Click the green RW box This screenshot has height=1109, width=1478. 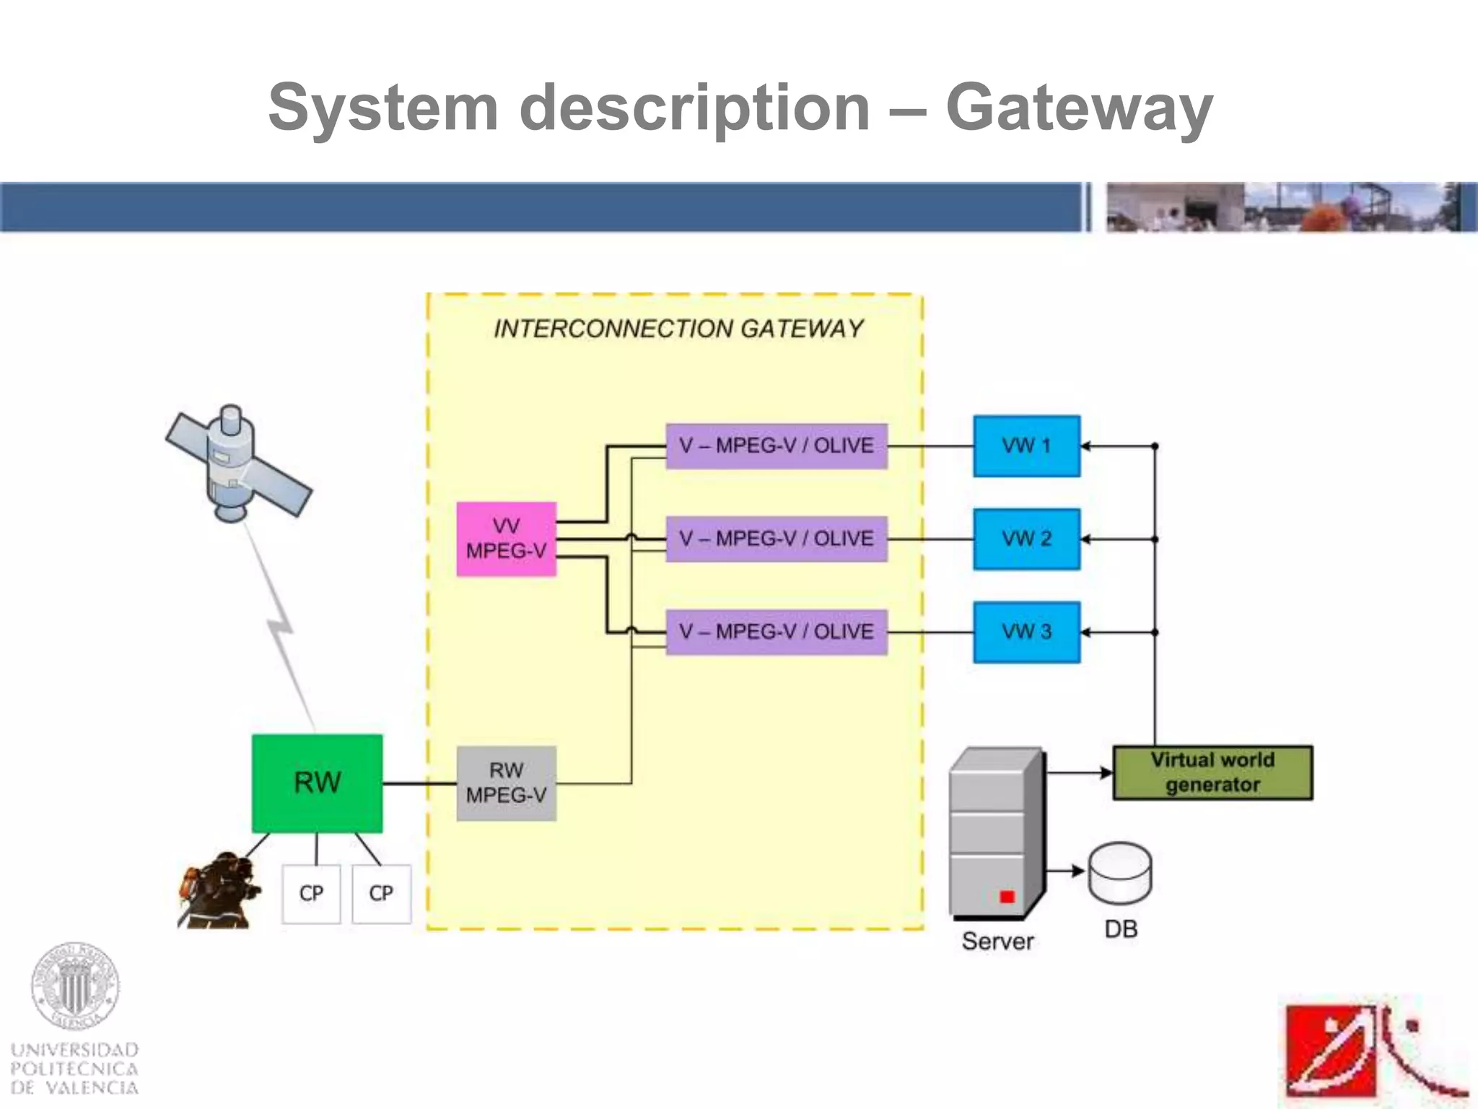click(x=317, y=783)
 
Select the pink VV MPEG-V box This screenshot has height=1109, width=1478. click(x=506, y=539)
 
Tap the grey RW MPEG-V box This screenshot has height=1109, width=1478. click(x=506, y=783)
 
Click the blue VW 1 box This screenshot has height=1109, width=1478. click(x=1026, y=446)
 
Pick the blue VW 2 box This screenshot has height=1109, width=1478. click(x=1026, y=539)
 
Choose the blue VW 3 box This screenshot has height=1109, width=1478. click(x=1026, y=632)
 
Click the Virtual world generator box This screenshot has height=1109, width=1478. click(x=1212, y=773)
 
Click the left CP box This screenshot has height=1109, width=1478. click(x=311, y=894)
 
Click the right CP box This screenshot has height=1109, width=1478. click(x=381, y=894)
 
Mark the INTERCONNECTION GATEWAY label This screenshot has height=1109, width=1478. click(x=678, y=329)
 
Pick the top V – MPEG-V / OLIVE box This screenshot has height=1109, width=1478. click(x=776, y=446)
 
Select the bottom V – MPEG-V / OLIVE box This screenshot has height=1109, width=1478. click(x=776, y=632)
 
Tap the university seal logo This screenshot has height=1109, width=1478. click(x=74, y=986)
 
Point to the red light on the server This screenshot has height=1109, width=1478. click(x=1007, y=897)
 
